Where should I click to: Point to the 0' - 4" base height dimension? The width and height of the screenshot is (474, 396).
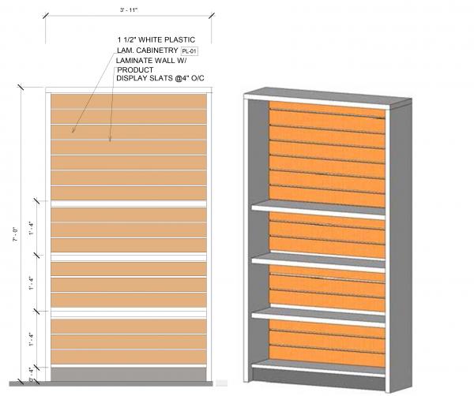pyautogui.click(x=31, y=372)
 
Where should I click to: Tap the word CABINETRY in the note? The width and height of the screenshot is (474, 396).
pyautogui.click(x=156, y=51)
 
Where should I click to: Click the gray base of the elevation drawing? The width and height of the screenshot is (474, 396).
pyautogui.click(x=130, y=373)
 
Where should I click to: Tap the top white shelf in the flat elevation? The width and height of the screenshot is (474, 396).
pyautogui.click(x=130, y=203)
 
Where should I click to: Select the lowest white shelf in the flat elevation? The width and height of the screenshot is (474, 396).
pyautogui.click(x=130, y=312)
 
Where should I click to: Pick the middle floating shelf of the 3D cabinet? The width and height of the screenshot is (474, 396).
pyautogui.click(x=320, y=259)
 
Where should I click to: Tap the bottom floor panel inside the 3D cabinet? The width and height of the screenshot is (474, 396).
pyautogui.click(x=320, y=368)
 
